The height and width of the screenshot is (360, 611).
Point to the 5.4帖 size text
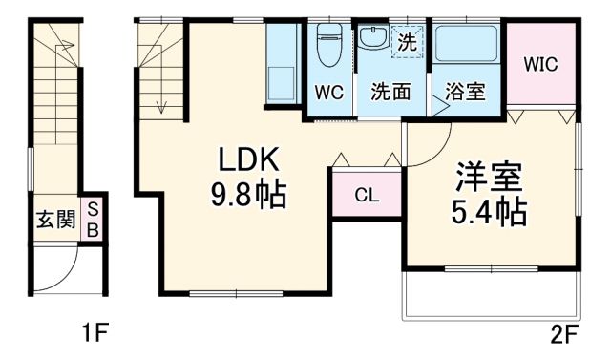tap(490, 212)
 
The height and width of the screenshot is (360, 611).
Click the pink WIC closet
tap(540, 64)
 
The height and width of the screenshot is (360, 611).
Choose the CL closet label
tap(367, 197)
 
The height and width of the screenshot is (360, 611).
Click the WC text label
tap(328, 93)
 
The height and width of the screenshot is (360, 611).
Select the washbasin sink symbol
tap(373, 39)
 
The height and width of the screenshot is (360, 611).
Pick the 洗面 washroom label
tap(391, 93)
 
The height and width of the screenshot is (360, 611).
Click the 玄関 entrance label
tap(55, 220)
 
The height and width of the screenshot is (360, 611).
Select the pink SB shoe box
tap(93, 220)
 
